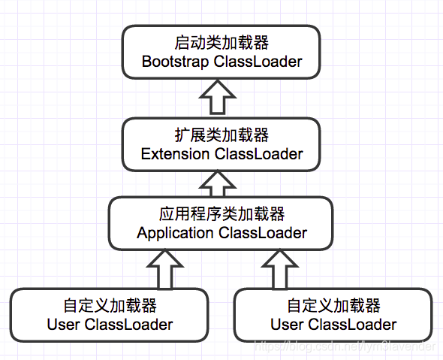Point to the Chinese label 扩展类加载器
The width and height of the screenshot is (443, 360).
pos(221,136)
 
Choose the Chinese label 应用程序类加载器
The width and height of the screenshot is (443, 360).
pos(221,214)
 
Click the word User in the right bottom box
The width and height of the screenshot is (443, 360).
pos(287,325)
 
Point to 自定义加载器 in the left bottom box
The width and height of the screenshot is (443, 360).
pos(110,307)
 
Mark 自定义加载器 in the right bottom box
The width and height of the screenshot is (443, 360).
pos(333,307)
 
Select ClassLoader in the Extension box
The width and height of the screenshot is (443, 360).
pos(259,154)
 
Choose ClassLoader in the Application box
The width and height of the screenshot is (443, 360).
pos(263,232)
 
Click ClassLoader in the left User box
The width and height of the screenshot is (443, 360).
pos(128,325)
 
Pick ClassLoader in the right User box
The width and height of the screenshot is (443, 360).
pos(352,325)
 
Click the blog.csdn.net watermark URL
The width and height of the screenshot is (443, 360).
pos(345,346)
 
